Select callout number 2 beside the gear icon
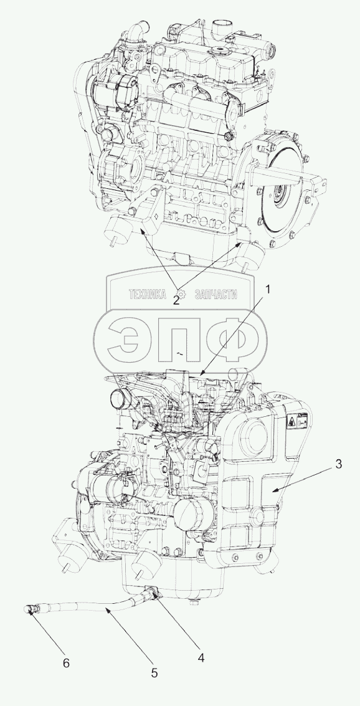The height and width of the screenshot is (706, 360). click(x=176, y=301)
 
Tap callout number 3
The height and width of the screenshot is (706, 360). click(x=338, y=464)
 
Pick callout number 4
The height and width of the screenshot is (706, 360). click(x=201, y=657)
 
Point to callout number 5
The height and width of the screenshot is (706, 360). click(x=154, y=673)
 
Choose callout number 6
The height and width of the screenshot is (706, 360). click(x=65, y=663)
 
